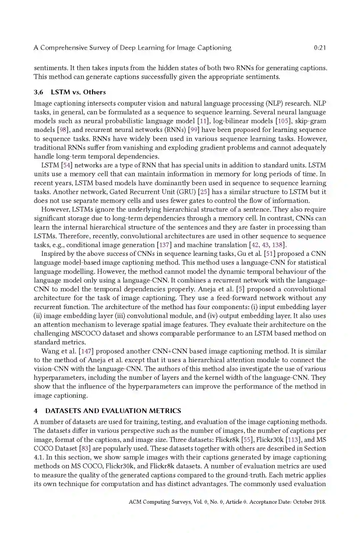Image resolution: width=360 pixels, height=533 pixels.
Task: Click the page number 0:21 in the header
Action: tap(320, 48)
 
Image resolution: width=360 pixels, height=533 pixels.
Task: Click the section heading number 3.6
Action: tap(39, 92)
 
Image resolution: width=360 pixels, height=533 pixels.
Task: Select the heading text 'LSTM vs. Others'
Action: tap(78, 92)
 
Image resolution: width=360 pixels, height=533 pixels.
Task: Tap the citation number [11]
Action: tap(204, 121)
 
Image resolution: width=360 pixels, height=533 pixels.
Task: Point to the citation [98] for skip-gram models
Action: tap(63, 130)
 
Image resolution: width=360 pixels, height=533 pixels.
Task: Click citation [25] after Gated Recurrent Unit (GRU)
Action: tap(204, 192)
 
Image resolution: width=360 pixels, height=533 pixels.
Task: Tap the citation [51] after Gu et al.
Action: tap(269, 254)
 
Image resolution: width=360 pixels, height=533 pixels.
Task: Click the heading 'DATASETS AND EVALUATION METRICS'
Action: tap(113, 411)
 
